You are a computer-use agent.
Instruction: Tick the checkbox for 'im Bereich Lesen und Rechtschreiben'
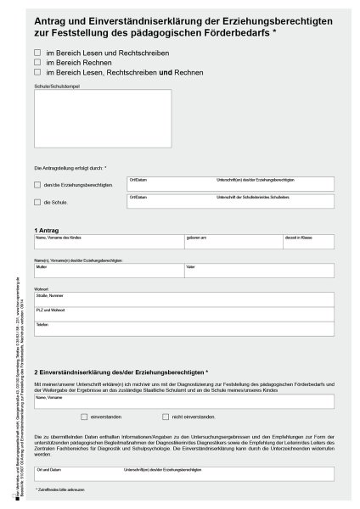point(37,53)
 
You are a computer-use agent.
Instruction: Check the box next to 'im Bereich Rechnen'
point(37,62)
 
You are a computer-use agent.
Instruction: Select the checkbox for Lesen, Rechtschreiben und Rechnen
point(37,72)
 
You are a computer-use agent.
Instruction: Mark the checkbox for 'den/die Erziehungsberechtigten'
point(37,185)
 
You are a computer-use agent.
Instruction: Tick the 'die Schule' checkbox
point(37,202)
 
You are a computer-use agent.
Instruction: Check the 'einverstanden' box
point(84,417)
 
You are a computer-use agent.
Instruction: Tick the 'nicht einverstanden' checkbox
point(166,417)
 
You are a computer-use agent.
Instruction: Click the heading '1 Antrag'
point(47,230)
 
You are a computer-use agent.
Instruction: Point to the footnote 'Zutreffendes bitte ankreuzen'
point(63,492)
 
